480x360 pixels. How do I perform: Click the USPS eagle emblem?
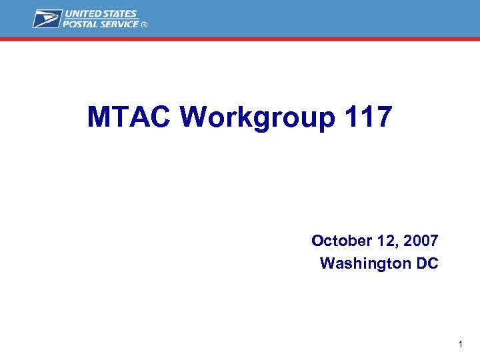click(x=47, y=19)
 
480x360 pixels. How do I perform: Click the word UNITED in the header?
click(x=85, y=14)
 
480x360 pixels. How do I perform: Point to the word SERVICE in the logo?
click(x=121, y=24)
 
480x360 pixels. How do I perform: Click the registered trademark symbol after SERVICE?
click(x=144, y=25)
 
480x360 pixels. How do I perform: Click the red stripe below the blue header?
click(x=240, y=39)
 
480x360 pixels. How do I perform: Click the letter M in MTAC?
click(x=99, y=117)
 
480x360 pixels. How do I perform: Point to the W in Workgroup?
click(x=194, y=117)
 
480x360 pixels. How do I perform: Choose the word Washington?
click(x=366, y=263)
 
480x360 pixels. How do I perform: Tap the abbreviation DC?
click(x=427, y=263)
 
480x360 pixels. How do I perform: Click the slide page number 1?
click(x=460, y=345)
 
